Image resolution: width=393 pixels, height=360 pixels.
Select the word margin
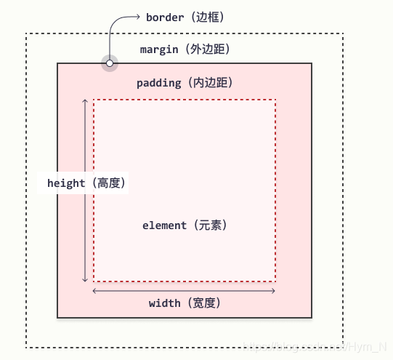pyautogui.click(x=159, y=49)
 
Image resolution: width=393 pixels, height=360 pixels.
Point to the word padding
pyautogui.click(x=158, y=83)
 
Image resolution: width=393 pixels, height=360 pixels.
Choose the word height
pyautogui.click(x=66, y=183)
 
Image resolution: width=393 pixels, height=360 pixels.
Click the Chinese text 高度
pyautogui.click(x=109, y=183)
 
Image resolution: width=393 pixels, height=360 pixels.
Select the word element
pyautogui.click(x=164, y=225)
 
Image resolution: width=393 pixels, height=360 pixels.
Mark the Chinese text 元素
pyautogui.click(x=211, y=225)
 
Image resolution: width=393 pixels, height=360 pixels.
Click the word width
pyautogui.click(x=164, y=303)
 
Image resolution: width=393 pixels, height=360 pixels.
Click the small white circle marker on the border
pyautogui.click(x=109, y=63)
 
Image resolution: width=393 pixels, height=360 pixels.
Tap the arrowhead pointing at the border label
pyautogui.click(x=137, y=16)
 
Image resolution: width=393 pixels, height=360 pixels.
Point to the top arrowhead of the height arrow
pyautogui.click(x=86, y=102)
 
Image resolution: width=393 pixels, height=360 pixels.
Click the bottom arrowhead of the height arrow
pyautogui.click(x=86, y=279)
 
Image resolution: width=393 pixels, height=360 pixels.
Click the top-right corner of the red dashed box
pyautogui.click(x=275, y=100)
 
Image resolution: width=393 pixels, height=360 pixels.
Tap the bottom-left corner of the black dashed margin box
pyautogui.click(x=26, y=345)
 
